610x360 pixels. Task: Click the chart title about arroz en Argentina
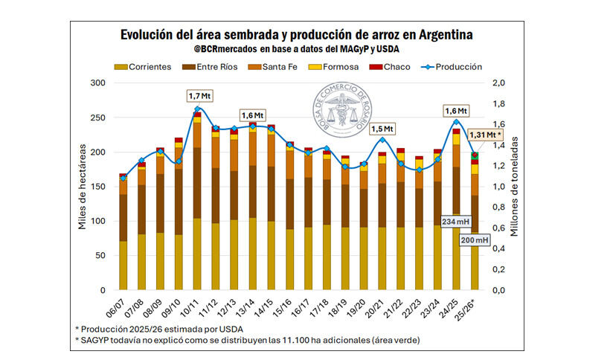click(296, 35)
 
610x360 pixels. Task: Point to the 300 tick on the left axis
click(97, 83)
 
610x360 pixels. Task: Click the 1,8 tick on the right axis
click(499, 103)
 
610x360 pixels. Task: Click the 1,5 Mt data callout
click(379, 129)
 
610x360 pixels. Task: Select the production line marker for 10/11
click(197, 109)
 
